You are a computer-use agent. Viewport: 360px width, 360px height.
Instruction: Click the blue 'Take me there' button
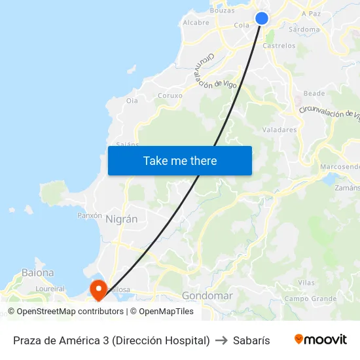pos(179,160)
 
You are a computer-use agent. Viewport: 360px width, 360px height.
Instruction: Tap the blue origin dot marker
pos(262,18)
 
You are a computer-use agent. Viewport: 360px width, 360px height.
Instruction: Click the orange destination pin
pos(98,289)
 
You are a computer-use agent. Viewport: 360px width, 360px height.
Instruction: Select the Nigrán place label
pos(121,219)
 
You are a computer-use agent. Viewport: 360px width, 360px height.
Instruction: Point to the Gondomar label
pos(207,296)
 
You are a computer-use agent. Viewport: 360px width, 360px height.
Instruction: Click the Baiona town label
pos(37,272)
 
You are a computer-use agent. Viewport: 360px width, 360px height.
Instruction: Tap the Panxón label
pos(90,215)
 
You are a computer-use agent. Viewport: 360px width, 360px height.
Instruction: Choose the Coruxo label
pos(170,95)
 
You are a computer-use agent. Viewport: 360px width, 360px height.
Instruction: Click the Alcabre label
pos(196,22)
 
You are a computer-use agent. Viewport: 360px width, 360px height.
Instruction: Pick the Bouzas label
pos(223,10)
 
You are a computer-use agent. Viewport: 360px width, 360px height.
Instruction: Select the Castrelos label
pos(279,46)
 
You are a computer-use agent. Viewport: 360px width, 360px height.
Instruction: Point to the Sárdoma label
pos(304,29)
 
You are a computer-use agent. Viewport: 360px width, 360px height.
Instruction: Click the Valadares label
pos(279,130)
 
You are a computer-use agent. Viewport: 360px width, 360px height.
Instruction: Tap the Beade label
pos(314,94)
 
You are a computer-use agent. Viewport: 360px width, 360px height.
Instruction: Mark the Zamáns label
pos(347,187)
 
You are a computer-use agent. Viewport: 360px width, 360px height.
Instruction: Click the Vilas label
pos(306,282)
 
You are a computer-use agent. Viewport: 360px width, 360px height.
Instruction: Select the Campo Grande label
pos(310,299)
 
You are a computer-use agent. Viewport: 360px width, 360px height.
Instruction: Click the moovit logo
pos(320,340)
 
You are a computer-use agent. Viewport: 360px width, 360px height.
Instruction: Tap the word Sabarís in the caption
pos(251,340)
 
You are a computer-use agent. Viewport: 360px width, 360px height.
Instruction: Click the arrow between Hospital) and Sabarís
pos(221,340)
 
